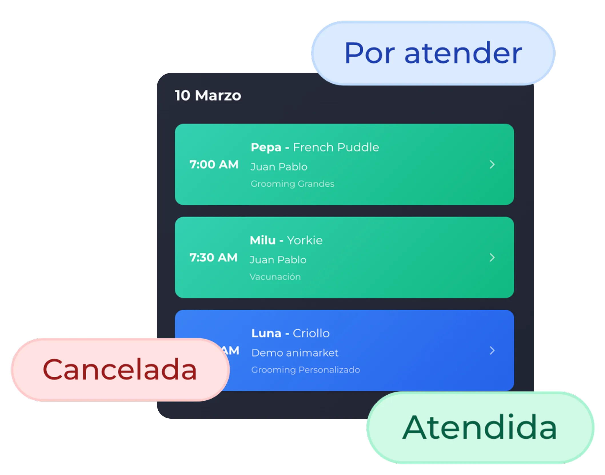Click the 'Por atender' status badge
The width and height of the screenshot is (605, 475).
coord(433,53)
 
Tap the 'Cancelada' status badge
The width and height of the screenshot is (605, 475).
coord(120,370)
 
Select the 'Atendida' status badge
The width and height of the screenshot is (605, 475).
coord(480,428)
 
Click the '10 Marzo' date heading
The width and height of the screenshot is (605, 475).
coord(208,96)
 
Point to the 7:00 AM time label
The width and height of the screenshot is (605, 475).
coord(214,164)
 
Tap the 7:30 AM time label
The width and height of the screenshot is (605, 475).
coord(213,257)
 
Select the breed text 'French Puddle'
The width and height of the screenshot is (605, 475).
coord(336,147)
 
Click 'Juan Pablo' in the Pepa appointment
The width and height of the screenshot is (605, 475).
coord(279,167)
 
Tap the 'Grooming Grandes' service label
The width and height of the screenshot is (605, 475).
coord(292,184)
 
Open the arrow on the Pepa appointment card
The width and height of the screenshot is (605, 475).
coord(492,164)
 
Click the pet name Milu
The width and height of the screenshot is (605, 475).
coord(263,240)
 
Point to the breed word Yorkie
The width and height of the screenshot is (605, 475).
coord(305,240)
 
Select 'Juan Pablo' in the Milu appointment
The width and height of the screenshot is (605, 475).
coord(278,260)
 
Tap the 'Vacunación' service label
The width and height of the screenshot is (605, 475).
coord(275,277)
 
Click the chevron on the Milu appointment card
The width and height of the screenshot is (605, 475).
coord(492,257)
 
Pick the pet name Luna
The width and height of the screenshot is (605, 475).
coord(266,333)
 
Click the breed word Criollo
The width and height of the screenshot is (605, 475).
coord(311,333)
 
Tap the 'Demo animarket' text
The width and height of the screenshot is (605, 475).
coord(295,353)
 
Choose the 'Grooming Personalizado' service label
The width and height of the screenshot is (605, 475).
coord(306,370)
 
